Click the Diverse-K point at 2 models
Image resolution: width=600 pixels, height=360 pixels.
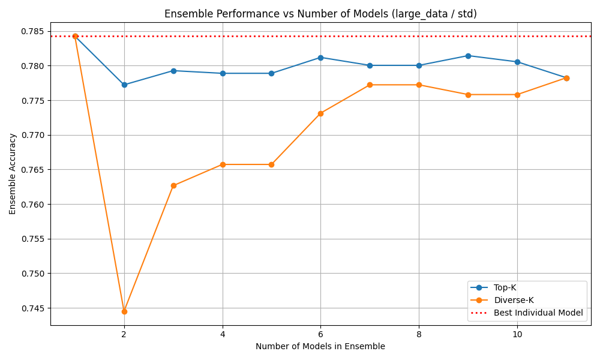124,311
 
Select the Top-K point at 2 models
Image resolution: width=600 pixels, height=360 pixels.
124,85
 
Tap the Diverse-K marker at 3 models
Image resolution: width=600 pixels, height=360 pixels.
173,185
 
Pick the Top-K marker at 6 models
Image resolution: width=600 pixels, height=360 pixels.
320,58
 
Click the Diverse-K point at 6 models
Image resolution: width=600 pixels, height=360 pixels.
320,113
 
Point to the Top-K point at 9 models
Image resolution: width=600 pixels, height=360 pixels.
468,56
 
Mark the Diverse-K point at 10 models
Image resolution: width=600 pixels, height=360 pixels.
517,95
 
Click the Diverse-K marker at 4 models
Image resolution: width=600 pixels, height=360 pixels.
223,164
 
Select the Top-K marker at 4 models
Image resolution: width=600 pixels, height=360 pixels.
223,73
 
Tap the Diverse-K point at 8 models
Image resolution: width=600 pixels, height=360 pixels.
419,85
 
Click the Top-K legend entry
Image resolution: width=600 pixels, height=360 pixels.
505,287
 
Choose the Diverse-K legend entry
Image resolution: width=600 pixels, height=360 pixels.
513,300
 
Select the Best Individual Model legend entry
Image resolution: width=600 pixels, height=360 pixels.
538,313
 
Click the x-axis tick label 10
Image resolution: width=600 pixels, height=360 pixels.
517,334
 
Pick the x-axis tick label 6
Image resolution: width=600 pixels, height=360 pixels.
320,334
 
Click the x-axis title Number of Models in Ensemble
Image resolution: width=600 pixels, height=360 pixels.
320,346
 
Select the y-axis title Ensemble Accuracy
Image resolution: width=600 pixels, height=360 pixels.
13,174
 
